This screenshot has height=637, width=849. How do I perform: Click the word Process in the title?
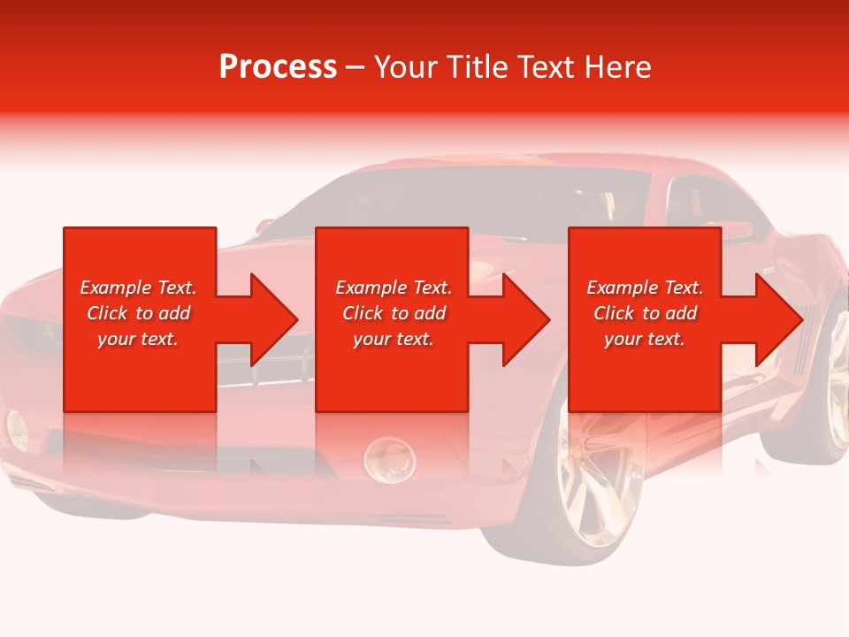click(x=278, y=67)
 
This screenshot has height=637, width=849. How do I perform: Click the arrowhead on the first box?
click(x=271, y=319)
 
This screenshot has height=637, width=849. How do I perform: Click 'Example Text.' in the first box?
click(x=138, y=288)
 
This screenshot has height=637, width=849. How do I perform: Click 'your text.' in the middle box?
click(x=394, y=339)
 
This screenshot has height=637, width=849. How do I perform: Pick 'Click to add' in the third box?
click(x=645, y=313)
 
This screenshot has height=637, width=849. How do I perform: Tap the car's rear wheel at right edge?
click(x=831, y=389)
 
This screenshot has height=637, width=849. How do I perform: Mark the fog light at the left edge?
click(x=17, y=430)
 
